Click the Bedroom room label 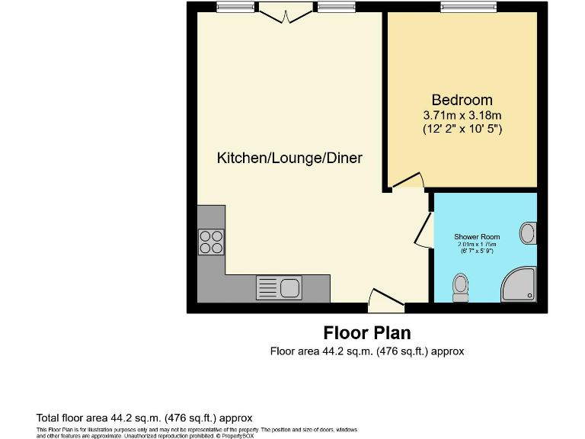pos(462,100)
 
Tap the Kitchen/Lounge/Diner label pos(289,159)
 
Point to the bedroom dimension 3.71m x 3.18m pos(462,115)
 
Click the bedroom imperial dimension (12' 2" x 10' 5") pos(462,130)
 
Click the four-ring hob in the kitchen pos(211,242)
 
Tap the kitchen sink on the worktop pos(278,288)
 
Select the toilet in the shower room pos(460,287)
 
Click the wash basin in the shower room pos(528,233)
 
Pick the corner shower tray pos(519,285)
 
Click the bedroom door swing pos(408,181)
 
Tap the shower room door pos(423,231)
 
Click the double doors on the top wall pos(285,11)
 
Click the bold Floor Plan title pos(366,333)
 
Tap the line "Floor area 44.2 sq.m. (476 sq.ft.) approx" pos(366,351)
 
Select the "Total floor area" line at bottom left pos(144,418)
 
